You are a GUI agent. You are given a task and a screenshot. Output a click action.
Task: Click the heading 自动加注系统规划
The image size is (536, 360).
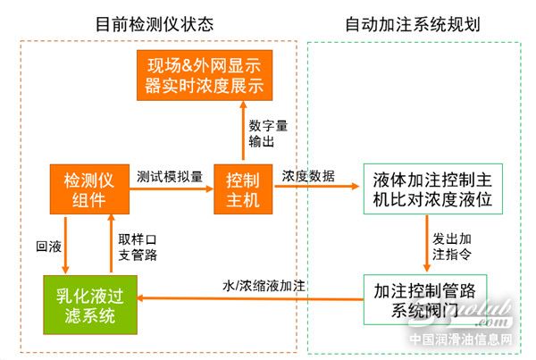point(413,23)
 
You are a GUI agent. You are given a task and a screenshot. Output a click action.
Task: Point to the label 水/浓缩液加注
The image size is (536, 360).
point(264,286)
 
